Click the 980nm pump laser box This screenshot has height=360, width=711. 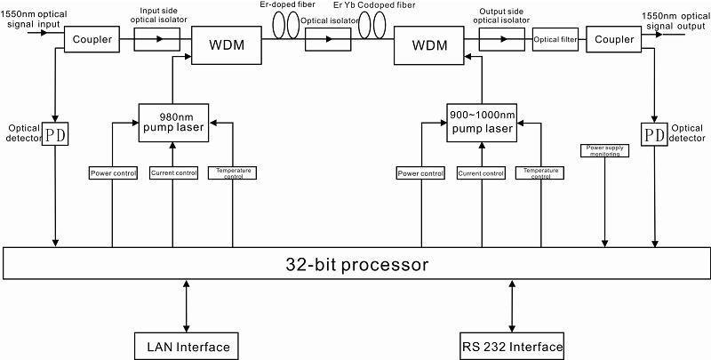tap(173, 123)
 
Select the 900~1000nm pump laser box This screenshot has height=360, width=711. tap(482, 123)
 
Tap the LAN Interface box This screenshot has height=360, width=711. tap(187, 347)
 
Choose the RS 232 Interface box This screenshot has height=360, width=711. tap(512, 347)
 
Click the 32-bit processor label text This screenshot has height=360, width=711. tap(356, 264)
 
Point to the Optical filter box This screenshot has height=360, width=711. tap(555, 39)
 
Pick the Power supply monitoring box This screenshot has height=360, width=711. tap(604, 151)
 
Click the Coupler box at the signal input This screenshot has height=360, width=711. tap(92, 39)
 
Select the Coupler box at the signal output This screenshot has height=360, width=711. tap(614, 39)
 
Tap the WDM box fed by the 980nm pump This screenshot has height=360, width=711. tap(227, 44)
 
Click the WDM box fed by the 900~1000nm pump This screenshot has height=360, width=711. tap(429, 45)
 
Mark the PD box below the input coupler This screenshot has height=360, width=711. tap(55, 133)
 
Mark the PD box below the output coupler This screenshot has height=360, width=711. tap(654, 133)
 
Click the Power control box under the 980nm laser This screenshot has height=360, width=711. tap(113, 173)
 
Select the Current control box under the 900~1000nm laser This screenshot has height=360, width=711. tap(481, 173)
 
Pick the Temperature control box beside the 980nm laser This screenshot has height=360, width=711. tap(233, 173)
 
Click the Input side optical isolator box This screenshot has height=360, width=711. tap(157, 39)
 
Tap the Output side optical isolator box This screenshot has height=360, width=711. tap(501, 39)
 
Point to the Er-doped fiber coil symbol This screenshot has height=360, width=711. tap(286, 25)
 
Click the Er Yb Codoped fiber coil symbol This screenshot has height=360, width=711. tap(371, 25)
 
